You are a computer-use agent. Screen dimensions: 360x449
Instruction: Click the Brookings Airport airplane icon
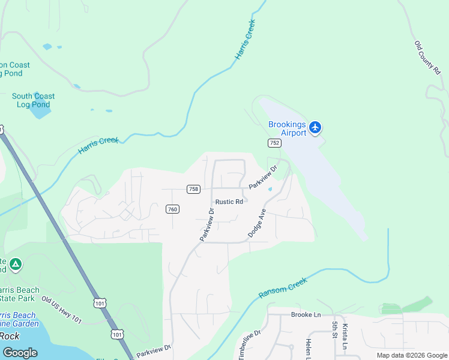[x=316, y=127]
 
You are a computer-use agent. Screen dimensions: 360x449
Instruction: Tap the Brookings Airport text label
[x=287, y=128]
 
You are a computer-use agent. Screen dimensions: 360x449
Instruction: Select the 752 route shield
[x=274, y=142]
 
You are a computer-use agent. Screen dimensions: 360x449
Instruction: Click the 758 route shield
[x=193, y=189]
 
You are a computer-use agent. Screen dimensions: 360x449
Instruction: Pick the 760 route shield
[x=172, y=209]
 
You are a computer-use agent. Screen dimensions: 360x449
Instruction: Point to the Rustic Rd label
[x=229, y=202]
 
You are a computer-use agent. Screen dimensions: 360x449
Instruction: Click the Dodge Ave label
[x=256, y=223]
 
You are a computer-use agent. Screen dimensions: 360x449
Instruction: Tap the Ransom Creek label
[x=282, y=287]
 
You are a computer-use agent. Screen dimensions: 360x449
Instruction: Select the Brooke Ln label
[x=306, y=314]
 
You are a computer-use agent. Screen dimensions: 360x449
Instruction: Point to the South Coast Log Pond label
[x=33, y=100]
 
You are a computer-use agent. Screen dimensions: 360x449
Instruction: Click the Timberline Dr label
[x=250, y=344]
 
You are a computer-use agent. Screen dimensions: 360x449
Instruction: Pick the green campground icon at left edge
[x=16, y=264]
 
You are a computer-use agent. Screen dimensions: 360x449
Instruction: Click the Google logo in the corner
[x=20, y=352]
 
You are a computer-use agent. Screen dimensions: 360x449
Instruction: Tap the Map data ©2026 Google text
[x=412, y=355]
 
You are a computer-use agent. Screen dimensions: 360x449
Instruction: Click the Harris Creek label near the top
[x=245, y=40]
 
